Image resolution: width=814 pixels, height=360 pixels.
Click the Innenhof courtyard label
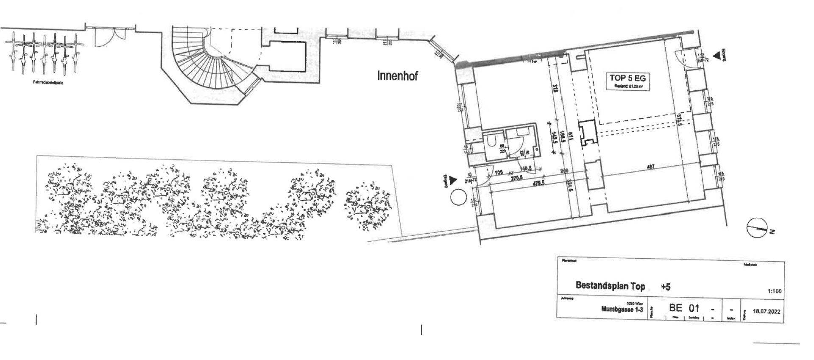[x=398, y=76]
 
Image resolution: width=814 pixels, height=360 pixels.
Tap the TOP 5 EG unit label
[x=627, y=78]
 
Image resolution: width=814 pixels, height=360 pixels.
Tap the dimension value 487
[x=651, y=167]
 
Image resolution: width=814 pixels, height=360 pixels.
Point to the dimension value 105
[x=499, y=172]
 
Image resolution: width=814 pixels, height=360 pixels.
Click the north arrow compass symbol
[x=757, y=228]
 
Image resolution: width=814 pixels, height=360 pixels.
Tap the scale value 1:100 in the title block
[x=774, y=291]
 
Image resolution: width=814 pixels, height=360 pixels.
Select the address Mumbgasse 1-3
[x=622, y=310]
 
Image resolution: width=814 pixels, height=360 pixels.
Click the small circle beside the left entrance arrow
[x=458, y=198]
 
